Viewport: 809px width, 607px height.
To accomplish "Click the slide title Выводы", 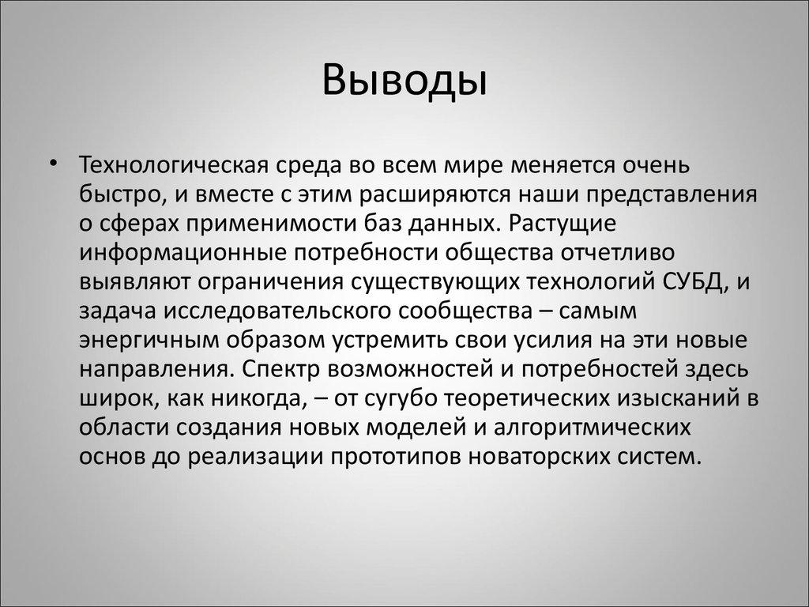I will pos(404,82).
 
